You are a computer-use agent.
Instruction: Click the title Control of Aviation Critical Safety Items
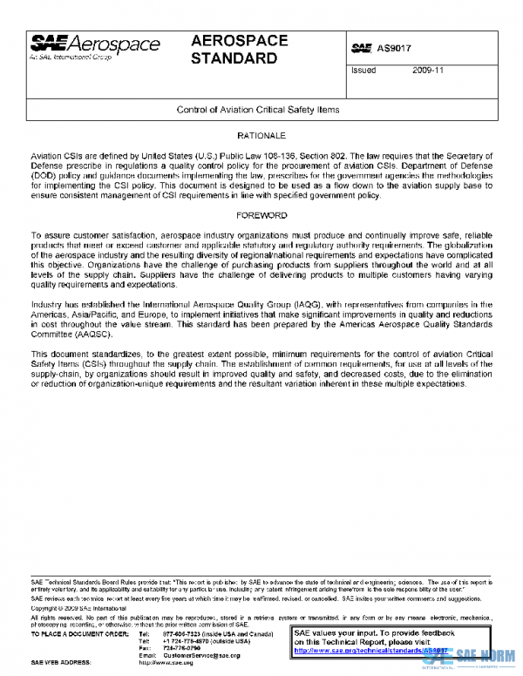point(258,111)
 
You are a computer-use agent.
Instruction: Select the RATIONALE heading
point(261,137)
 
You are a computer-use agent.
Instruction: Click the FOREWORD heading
point(261,214)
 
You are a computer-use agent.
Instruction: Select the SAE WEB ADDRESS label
point(62,663)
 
